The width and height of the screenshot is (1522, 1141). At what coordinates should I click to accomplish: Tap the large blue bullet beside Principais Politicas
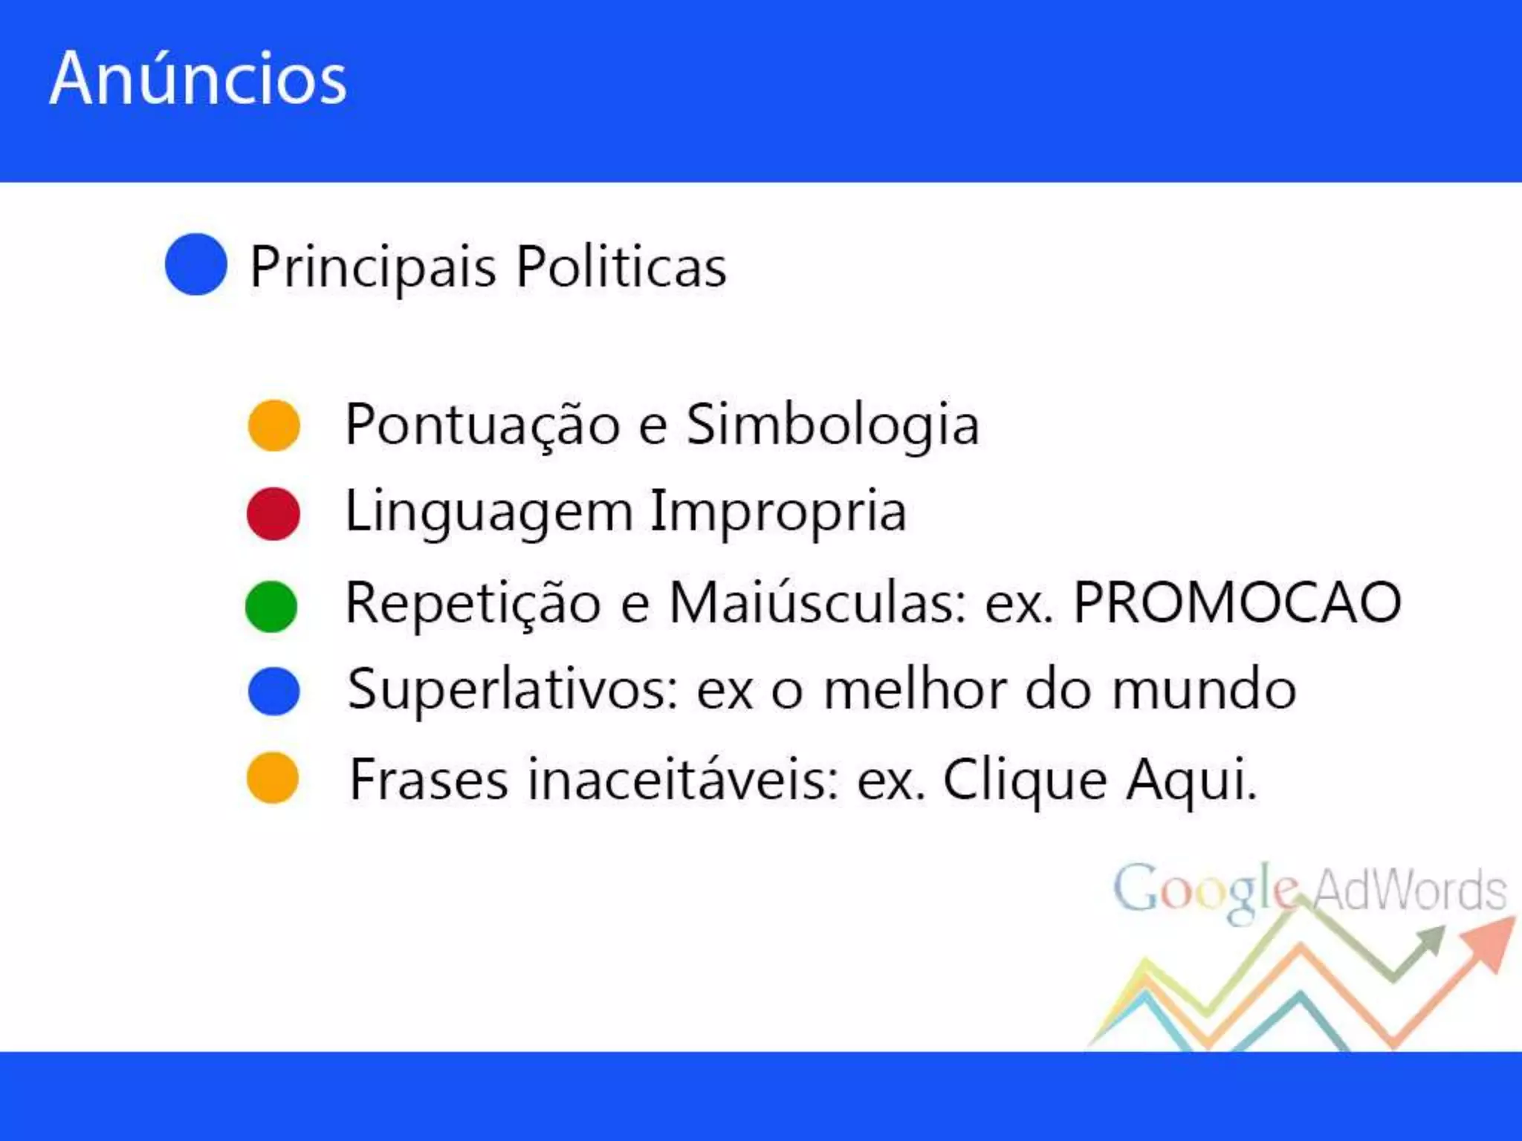pyautogui.click(x=195, y=264)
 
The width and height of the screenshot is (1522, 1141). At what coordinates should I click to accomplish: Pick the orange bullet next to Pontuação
pyautogui.click(x=273, y=425)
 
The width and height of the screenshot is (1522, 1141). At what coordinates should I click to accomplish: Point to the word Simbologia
pyautogui.click(x=832, y=426)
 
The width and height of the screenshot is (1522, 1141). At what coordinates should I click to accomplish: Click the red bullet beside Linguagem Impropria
pyautogui.click(x=273, y=513)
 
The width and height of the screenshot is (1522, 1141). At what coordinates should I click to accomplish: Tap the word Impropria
pyautogui.click(x=778, y=513)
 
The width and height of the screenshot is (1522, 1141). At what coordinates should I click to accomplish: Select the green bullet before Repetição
pyautogui.click(x=271, y=606)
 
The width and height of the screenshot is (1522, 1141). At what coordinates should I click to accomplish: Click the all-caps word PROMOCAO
pyautogui.click(x=1237, y=602)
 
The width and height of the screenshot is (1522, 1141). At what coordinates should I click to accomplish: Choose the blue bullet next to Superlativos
pyautogui.click(x=273, y=692)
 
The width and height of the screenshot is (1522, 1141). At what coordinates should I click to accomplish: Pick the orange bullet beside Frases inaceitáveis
pyautogui.click(x=273, y=778)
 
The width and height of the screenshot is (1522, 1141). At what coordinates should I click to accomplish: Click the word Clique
pyautogui.click(x=1025, y=781)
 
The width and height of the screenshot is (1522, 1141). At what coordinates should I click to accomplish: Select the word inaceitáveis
pyautogui.click(x=684, y=780)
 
